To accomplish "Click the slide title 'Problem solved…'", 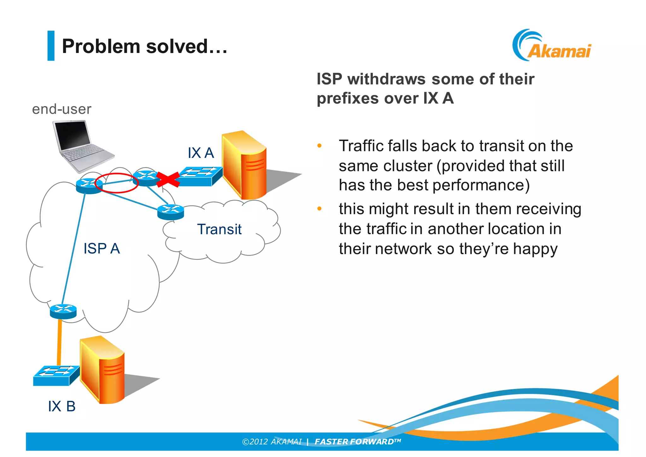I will [x=144, y=46].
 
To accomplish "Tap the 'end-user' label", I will [x=62, y=109].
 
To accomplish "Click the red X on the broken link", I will [x=168, y=180].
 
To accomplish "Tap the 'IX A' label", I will [x=201, y=153].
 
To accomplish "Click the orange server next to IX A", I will [x=244, y=166].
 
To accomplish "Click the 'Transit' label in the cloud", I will [x=219, y=229].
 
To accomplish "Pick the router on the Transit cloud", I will [x=171, y=212].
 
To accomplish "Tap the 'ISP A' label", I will [x=102, y=249].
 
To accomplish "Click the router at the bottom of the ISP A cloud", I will [x=63, y=311].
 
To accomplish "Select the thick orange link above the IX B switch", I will [x=59, y=342].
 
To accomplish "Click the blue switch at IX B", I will [x=55, y=376].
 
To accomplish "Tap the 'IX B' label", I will [x=62, y=406].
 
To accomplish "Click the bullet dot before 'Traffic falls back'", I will [x=319, y=146].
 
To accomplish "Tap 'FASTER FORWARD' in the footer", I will [x=354, y=442].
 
